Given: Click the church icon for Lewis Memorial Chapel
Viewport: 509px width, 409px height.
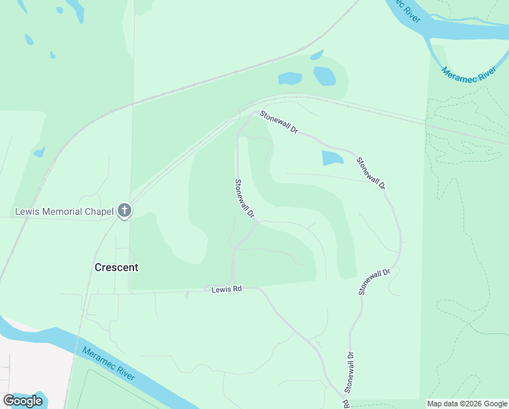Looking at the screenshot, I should pos(124,211).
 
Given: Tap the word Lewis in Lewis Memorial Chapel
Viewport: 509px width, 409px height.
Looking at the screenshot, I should pos(28,212).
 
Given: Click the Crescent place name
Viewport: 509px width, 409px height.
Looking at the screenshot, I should pos(116,267).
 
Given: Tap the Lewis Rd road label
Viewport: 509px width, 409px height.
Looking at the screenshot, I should pos(227,289).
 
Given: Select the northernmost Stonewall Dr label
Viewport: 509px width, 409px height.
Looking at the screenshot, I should pos(278,123).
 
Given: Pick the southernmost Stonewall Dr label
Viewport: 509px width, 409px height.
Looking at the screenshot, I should pos(349,372).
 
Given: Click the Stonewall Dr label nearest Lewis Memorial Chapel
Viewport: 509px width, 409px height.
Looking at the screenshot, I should pos(244,198).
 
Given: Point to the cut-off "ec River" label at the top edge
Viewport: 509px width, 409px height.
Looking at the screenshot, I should pos(409,11).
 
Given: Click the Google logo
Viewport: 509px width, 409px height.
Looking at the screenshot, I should pos(22,401).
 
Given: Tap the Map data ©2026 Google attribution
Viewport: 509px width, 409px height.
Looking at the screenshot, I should pos(467,404).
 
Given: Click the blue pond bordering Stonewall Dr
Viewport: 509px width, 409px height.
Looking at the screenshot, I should pos(332,159).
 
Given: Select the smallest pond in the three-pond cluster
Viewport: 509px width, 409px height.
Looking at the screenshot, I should pos(317,55).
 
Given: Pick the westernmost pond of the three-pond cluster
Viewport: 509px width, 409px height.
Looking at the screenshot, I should pos(290,78).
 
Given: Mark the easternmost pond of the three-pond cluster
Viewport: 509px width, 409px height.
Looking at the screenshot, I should pos(325,75).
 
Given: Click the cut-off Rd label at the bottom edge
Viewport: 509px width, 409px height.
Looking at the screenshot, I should pos(346,404).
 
